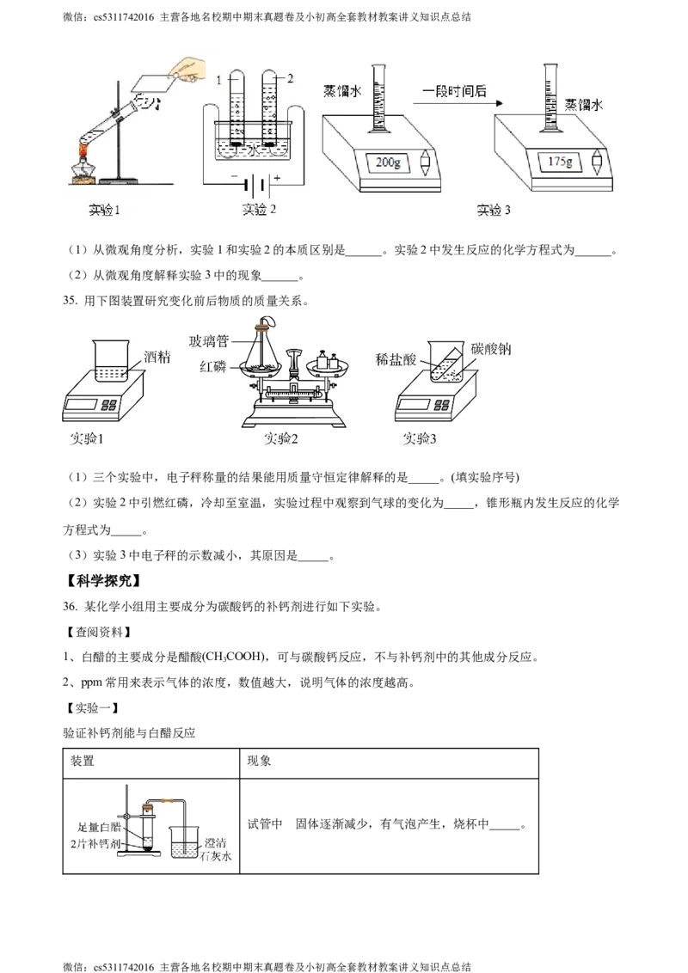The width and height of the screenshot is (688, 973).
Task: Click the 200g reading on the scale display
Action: coord(384,162)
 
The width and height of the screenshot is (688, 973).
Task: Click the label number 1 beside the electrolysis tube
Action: coord(219,80)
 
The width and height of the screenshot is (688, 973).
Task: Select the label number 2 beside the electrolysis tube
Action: coord(291,79)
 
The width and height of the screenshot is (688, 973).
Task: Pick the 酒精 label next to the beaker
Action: coord(158,357)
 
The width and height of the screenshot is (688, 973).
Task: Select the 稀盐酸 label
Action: coord(396,358)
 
